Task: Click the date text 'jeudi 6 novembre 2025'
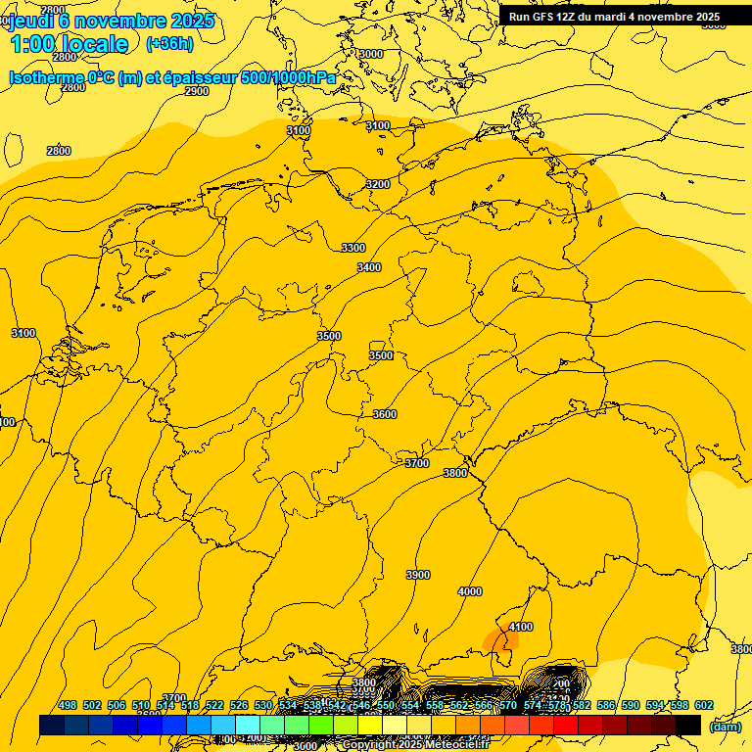[111, 21]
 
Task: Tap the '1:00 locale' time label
[69, 44]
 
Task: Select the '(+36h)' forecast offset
[169, 44]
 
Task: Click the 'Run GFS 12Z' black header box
[614, 17]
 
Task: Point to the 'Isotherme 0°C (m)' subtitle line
[172, 77]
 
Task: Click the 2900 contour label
[197, 91]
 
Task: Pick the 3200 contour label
[378, 184]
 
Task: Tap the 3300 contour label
[353, 248]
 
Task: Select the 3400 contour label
[369, 267]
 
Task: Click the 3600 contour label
[385, 414]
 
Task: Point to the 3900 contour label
[418, 575]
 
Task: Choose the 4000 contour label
[470, 591]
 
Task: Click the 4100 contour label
[521, 627]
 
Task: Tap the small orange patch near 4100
[500, 642]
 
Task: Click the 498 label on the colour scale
[68, 705]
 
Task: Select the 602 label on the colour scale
[704, 705]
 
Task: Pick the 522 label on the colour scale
[214, 705]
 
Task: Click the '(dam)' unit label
[725, 727]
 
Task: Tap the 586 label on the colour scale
[606, 705]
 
